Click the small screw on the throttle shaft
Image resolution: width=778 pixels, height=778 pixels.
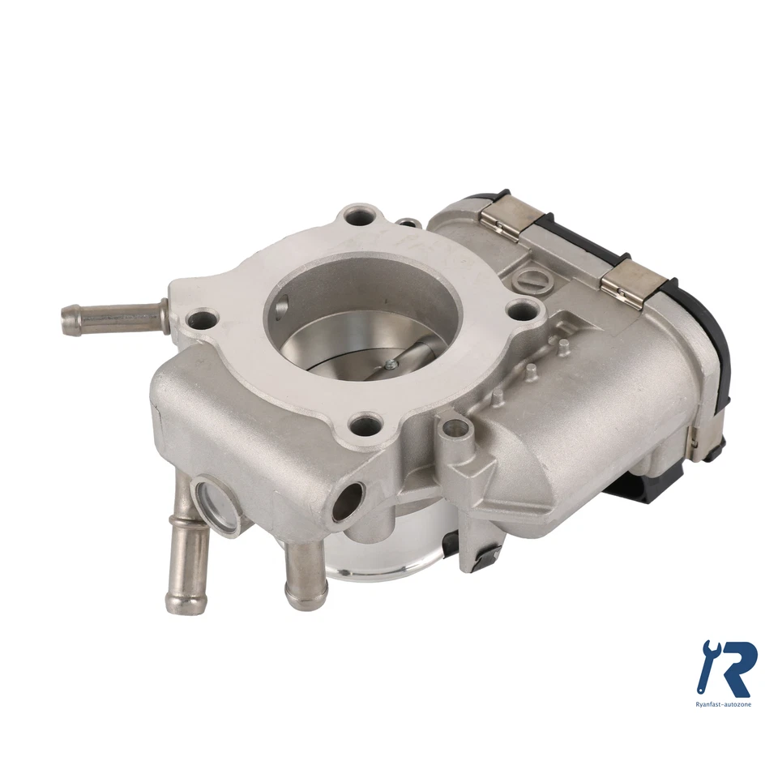coord(390,365)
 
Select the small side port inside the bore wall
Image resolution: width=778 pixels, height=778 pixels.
coord(280,306)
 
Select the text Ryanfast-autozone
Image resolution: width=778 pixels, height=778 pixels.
coord(724,704)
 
